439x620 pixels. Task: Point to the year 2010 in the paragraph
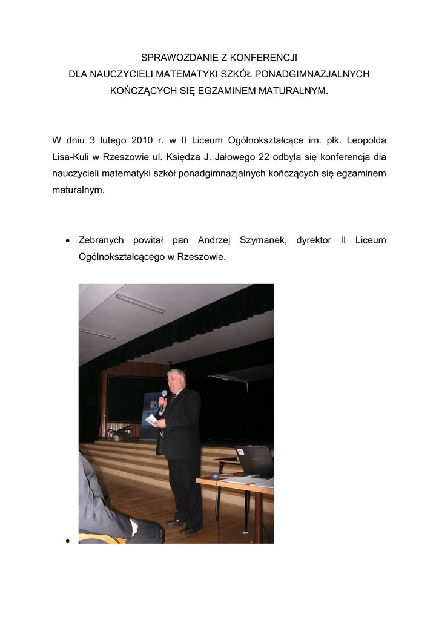142,140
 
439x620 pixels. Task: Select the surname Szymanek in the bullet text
263,240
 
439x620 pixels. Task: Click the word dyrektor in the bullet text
314,240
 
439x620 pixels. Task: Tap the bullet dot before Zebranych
68,241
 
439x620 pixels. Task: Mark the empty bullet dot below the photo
68,540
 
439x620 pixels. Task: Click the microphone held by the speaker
163,397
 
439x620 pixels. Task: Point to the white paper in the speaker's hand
151,420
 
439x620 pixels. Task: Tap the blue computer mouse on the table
216,476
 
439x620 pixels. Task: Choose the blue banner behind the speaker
150,412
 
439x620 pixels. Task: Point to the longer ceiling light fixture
140,303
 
